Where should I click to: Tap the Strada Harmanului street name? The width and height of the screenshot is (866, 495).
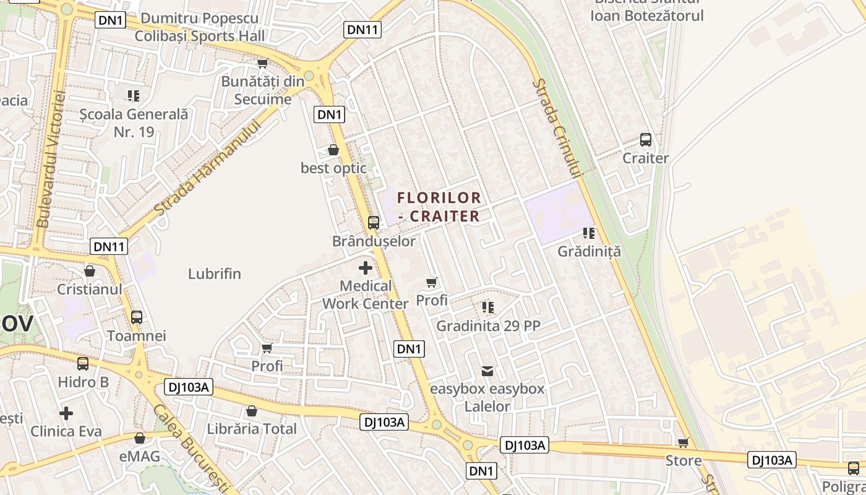207,168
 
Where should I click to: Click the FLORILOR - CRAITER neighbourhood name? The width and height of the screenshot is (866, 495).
439,207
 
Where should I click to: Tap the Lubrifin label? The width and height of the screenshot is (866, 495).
215,274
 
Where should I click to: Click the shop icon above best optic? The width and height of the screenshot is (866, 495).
333,150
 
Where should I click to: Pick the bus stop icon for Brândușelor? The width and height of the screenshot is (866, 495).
374,223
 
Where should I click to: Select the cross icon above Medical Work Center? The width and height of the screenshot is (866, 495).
366,268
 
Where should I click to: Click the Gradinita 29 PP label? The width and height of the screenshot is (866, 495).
489,326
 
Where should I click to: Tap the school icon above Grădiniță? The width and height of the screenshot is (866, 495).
589,233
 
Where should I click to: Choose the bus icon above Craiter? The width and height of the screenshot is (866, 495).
646,140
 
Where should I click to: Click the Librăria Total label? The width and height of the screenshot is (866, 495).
252,429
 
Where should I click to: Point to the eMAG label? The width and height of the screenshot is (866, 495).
140,457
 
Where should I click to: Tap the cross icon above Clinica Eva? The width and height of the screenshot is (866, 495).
66,413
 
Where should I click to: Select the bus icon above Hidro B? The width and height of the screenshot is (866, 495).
83,363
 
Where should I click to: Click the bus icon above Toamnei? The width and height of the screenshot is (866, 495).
137,317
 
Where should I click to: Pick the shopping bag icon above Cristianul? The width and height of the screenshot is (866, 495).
90,271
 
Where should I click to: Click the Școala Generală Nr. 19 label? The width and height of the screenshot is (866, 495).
134,123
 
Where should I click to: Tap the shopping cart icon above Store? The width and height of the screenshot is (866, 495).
684,442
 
